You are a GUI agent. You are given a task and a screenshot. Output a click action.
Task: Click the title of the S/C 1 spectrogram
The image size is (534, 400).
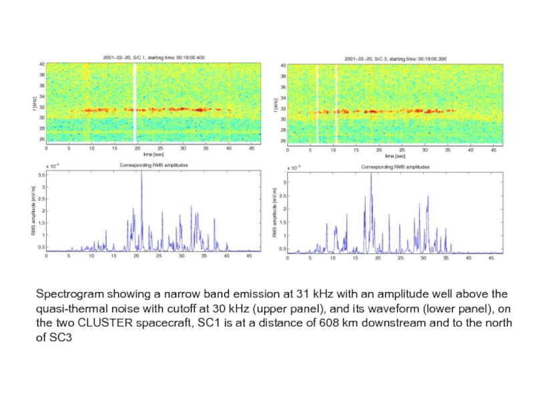click(154, 57)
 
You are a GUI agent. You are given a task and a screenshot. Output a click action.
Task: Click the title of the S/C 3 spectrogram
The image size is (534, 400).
click(395, 59)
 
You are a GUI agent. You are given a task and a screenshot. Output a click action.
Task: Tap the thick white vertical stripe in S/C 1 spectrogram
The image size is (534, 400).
click(134, 104)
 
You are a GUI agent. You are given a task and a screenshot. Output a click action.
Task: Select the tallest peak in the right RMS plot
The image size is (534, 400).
click(371, 175)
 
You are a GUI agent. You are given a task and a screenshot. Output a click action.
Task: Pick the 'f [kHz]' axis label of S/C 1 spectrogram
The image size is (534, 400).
click(33, 103)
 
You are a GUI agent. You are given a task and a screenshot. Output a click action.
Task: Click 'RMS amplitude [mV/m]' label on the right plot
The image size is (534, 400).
click(275, 213)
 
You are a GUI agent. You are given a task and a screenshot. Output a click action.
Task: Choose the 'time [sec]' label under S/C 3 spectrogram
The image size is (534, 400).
click(395, 156)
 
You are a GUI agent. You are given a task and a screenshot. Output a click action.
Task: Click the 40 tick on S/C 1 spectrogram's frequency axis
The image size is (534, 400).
click(41, 64)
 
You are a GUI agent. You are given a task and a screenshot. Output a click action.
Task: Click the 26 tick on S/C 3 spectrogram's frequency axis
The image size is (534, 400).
click(283, 141)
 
